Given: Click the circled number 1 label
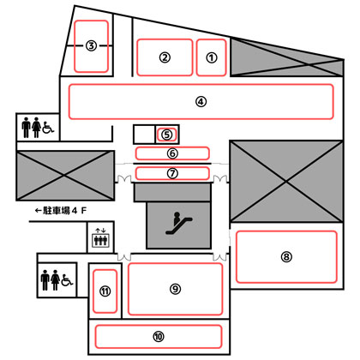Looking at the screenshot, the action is click(212, 57).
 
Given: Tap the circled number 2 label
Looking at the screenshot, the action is click(165, 57).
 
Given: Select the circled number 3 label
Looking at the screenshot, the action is click(91, 45).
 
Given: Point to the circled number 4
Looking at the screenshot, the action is click(201, 102).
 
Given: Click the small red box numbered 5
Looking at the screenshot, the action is click(166, 135).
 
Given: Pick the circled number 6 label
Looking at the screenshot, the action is click(172, 153).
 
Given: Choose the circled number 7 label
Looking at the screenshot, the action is click(172, 173).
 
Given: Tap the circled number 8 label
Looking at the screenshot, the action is click(286, 257).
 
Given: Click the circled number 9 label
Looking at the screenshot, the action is click(175, 289).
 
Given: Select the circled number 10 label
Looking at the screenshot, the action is click(159, 337).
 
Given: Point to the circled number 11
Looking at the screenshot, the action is click(105, 291).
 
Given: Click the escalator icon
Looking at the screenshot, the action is click(179, 224).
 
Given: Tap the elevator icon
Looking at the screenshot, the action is click(100, 237).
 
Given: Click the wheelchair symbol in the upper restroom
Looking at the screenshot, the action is click(48, 127).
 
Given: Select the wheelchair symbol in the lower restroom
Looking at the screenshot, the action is click(67, 280).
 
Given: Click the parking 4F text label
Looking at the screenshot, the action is click(64, 211).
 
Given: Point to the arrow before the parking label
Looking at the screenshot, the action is click(39, 211).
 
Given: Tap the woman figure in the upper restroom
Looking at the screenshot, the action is click(36, 128).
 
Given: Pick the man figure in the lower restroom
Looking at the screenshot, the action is click(45, 280).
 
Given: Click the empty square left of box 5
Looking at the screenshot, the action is click(144, 135).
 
